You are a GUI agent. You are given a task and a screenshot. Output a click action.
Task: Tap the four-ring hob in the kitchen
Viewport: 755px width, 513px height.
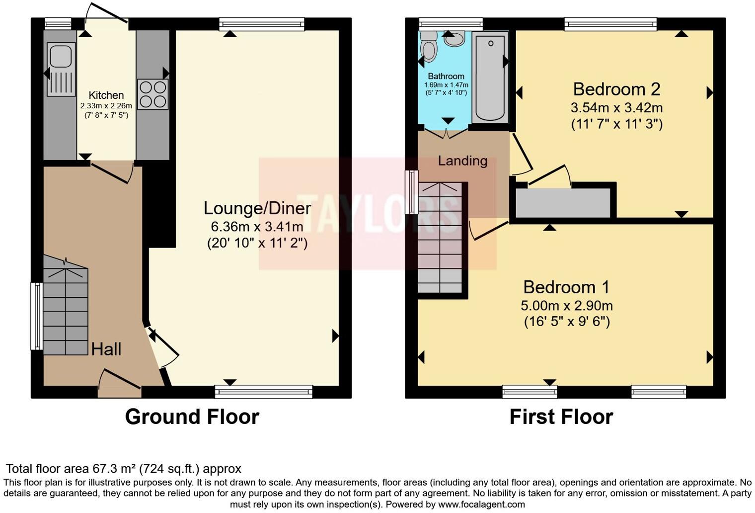(152, 94)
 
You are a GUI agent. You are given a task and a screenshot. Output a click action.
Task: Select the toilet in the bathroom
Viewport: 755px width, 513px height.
(428, 48)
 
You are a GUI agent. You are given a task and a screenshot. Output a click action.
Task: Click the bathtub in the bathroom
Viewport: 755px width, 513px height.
(490, 77)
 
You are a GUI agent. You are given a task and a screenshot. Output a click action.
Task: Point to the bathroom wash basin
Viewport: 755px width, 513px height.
(454, 38)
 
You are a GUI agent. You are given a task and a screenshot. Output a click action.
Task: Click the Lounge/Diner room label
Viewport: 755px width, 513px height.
(257, 208)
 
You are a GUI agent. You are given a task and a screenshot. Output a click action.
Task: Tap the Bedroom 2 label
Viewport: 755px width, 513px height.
(616, 89)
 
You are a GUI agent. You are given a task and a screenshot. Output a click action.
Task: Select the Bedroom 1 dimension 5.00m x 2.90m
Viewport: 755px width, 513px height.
(566, 306)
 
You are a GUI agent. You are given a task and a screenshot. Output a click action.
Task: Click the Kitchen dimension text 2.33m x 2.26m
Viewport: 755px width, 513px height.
(106, 106)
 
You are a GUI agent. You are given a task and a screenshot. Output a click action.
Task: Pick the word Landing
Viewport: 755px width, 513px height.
(462, 161)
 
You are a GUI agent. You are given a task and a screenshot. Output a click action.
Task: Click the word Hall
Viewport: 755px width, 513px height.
(106, 349)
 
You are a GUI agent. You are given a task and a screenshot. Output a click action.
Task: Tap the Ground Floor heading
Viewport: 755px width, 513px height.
(192, 417)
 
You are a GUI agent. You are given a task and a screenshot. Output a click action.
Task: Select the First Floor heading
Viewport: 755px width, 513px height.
(561, 417)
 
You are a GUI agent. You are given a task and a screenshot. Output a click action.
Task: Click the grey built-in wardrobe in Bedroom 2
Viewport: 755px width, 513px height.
(563, 203)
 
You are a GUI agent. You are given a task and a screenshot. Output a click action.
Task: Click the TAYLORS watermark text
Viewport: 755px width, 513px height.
(377, 214)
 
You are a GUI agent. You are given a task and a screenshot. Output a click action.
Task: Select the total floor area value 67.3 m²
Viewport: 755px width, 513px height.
(114, 469)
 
